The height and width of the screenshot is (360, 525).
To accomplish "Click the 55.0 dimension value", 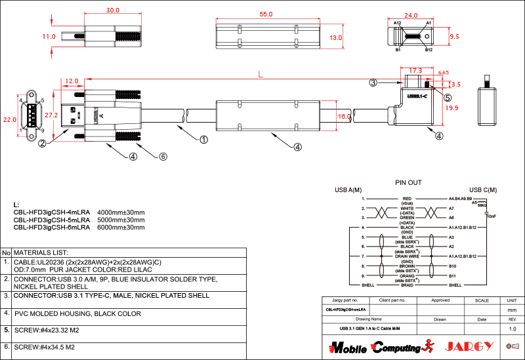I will pyautogui.click(x=266, y=14).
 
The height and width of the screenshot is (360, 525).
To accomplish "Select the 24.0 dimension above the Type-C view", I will pyautogui.click(x=411, y=15).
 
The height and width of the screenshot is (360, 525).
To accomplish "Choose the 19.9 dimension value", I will pyautogui.click(x=451, y=108).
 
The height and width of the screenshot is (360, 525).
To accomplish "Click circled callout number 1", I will pyautogui.click(x=203, y=140).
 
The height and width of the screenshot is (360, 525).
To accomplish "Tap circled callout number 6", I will pyautogui.click(x=163, y=157).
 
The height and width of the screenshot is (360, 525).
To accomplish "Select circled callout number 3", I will pyautogui.click(x=373, y=83).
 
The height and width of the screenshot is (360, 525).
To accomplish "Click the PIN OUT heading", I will pyautogui.click(x=408, y=183).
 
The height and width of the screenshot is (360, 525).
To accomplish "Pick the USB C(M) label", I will pyautogui.click(x=482, y=190).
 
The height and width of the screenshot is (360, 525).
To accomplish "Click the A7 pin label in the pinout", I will pyautogui.click(x=451, y=209).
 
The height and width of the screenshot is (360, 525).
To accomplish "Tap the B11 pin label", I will pyautogui.click(x=452, y=276).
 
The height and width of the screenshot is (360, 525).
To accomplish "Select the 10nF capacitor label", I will pyautogui.click(x=491, y=216).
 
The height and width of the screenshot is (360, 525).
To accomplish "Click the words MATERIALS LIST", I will pyautogui.click(x=41, y=252).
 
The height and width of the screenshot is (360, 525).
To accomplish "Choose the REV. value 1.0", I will pyautogui.click(x=513, y=329).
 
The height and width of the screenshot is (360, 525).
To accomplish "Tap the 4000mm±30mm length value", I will pyautogui.click(x=121, y=212).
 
